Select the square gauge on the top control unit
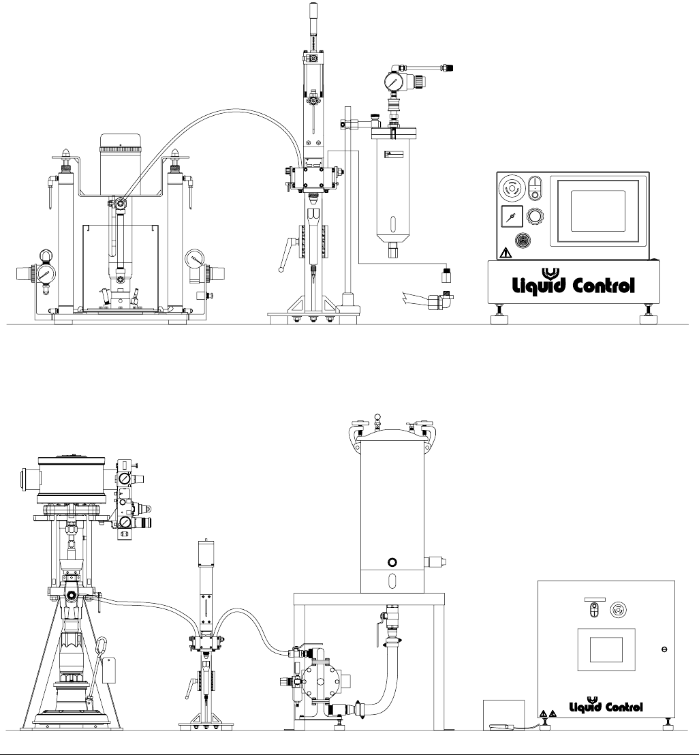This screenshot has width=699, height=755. coord(512,217)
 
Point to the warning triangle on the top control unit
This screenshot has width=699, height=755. coord(506,253)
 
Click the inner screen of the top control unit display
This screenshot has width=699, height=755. coord(597,211)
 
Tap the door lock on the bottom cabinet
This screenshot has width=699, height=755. coord(664,649)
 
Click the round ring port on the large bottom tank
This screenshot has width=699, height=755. coord(392,562)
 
